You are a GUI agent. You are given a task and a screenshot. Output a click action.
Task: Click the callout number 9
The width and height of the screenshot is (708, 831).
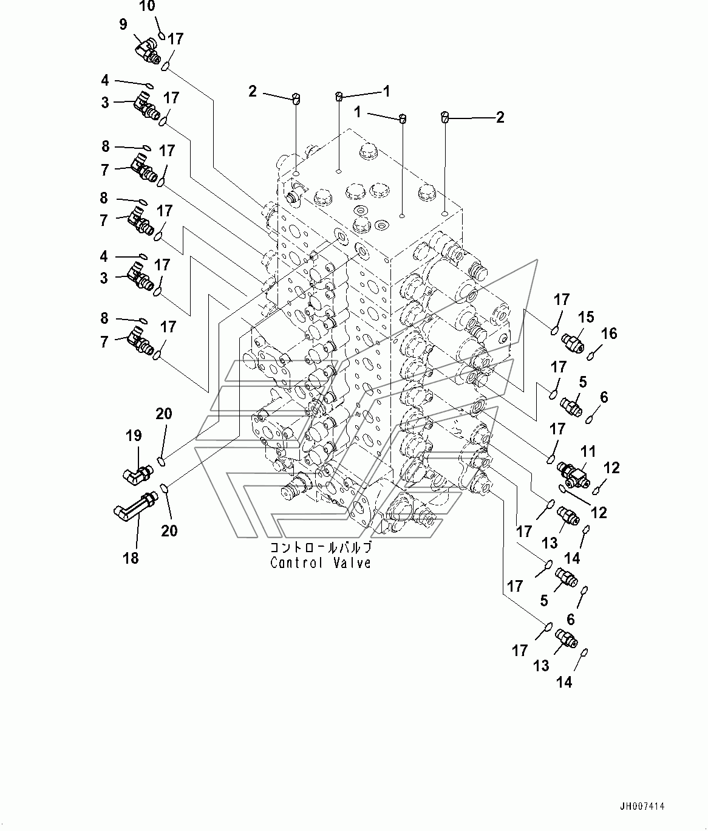(123, 24)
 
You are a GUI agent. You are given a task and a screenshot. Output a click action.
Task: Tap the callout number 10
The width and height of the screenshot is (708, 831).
(147, 6)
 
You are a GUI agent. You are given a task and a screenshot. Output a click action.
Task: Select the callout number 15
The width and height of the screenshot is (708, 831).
(586, 317)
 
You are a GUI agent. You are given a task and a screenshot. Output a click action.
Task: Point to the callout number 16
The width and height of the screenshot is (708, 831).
(609, 333)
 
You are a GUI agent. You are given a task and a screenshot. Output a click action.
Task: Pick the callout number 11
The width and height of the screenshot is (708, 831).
(588, 451)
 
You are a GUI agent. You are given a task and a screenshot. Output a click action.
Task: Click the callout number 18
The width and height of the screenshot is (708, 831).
(131, 558)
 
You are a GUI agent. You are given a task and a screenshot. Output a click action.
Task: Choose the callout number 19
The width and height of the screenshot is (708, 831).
(134, 436)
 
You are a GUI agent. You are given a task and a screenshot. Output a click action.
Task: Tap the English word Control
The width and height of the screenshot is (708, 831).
(296, 563)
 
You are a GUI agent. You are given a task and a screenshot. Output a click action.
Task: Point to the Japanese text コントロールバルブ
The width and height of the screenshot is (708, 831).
(321, 547)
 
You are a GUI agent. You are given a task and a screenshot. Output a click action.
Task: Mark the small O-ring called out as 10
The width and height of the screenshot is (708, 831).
(161, 35)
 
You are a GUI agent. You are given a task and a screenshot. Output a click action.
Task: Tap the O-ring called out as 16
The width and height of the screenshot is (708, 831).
(591, 356)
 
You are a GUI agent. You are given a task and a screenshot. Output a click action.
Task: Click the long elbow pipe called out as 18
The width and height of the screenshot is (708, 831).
(135, 507)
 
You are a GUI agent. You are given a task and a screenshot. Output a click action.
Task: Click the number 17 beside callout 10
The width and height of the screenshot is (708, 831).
(175, 39)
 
